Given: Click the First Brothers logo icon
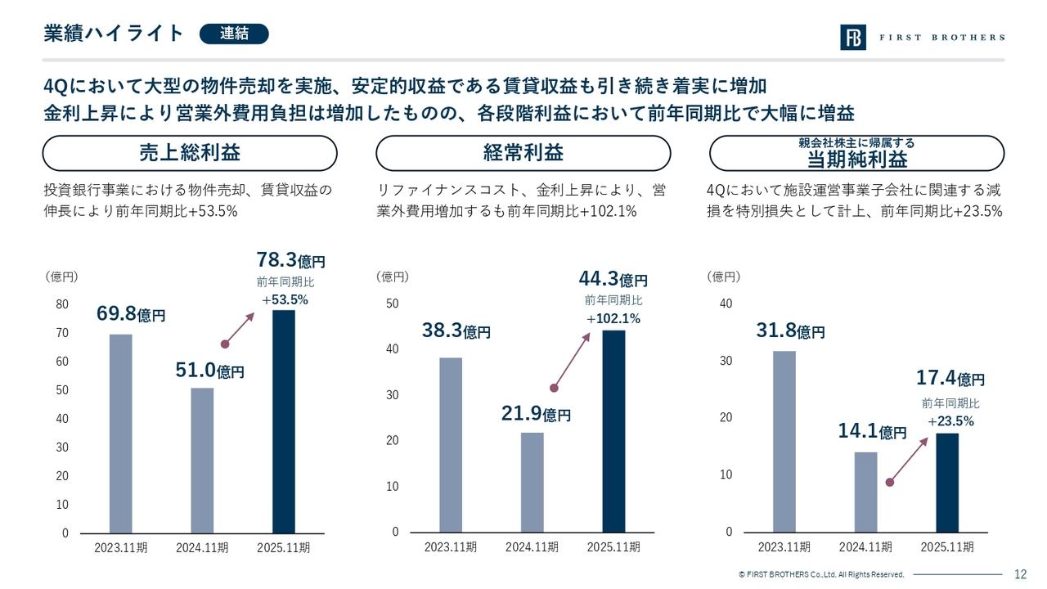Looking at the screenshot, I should click(x=852, y=38).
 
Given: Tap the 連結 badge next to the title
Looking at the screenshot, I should click(x=234, y=34).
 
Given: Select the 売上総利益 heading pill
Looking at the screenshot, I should click(x=189, y=153).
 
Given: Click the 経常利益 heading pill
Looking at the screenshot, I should click(x=523, y=153).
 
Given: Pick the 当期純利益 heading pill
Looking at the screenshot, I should click(x=856, y=153).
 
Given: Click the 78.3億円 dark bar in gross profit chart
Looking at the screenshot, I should click(x=284, y=421).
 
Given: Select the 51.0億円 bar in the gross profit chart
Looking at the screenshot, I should click(x=202, y=460).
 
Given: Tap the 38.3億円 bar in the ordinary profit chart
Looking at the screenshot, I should click(x=450, y=444).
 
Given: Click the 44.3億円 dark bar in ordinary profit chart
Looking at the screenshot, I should click(x=613, y=431).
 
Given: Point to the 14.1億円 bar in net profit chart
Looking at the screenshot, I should click(x=865, y=492).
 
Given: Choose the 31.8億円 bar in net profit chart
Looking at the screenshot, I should click(x=784, y=442).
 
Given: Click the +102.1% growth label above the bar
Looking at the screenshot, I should click(x=613, y=318).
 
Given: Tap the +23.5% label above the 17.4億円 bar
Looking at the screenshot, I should click(x=950, y=421).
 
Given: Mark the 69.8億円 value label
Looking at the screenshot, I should click(x=131, y=314).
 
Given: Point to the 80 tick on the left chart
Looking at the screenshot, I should click(x=62, y=304).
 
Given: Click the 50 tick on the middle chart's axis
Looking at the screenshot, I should click(x=392, y=303).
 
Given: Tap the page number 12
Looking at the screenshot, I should click(x=1020, y=574).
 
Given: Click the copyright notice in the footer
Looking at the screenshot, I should click(x=820, y=575).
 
